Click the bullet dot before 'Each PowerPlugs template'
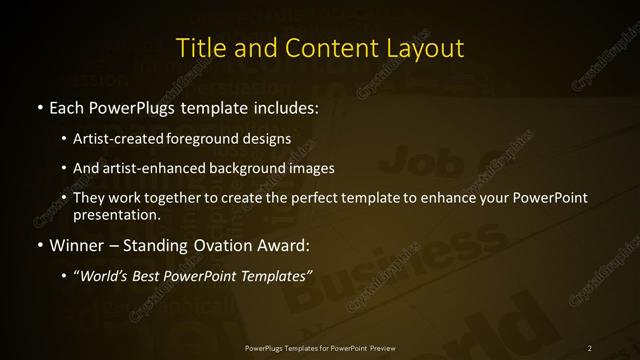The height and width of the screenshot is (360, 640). click(x=38, y=107)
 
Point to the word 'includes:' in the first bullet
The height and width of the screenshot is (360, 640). click(x=285, y=107)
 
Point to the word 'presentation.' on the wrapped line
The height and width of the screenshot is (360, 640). click(x=116, y=214)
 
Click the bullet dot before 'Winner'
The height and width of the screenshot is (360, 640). click(x=38, y=245)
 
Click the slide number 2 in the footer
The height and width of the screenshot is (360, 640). click(x=590, y=347)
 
